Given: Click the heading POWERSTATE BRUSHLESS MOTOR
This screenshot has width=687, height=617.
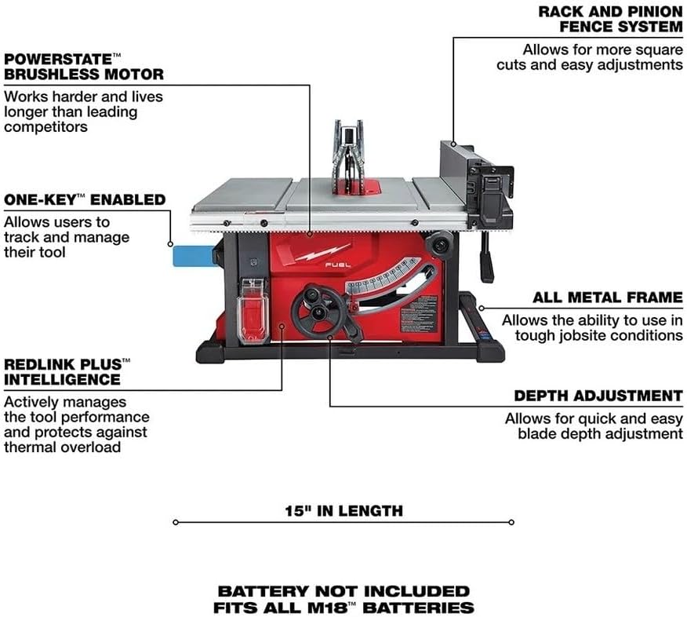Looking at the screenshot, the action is pos(84,67).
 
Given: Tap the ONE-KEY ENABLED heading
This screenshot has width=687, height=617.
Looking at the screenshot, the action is pos(85,200).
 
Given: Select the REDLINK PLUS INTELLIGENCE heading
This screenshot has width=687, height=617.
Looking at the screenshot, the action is pos(67,372).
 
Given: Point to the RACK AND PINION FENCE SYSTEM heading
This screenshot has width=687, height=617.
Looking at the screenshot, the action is pos(610,19).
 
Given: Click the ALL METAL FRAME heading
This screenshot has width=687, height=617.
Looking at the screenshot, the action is pos(608,298).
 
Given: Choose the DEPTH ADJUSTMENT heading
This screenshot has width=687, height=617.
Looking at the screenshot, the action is pos(598,396).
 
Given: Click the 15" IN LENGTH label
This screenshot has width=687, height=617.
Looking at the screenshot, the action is pos(344,511).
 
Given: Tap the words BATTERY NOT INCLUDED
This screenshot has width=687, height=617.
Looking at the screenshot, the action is pos(343,591).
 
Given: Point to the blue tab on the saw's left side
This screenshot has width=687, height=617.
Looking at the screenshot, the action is pos(194,255).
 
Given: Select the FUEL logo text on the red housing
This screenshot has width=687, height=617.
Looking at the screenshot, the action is pos(338,265).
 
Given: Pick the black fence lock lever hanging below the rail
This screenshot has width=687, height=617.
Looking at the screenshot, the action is pos(486,257).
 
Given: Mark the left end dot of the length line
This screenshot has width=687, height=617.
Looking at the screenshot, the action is pos(176,522).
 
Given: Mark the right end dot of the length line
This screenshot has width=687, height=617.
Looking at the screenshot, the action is pos(511,522).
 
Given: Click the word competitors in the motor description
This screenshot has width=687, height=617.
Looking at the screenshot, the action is pos(45,127).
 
